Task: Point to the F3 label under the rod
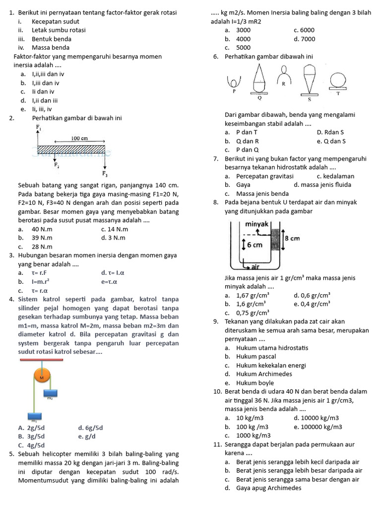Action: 105,174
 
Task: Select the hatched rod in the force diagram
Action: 72,149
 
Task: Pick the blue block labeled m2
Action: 50,393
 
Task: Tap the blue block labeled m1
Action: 34,416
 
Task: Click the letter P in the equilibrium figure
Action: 233,91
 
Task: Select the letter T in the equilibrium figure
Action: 338,93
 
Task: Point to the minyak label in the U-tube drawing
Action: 257,224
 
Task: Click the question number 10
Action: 217,391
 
